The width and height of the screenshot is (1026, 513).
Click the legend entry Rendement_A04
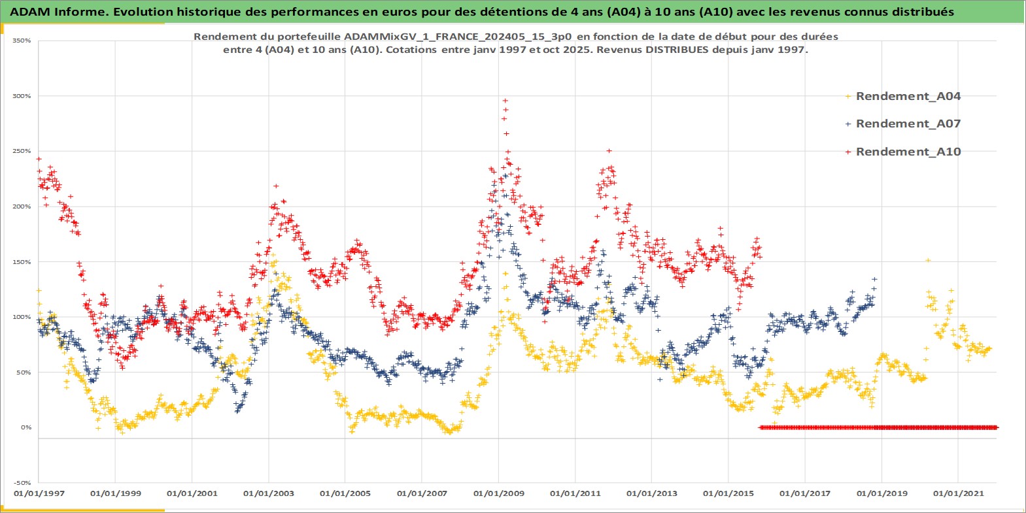908,96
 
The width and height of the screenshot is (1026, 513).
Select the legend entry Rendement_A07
908,124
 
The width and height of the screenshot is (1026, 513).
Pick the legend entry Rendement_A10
908,152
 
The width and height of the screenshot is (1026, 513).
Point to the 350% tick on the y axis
22,41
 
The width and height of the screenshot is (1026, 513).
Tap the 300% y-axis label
22,96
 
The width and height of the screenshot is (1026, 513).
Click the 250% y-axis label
22,151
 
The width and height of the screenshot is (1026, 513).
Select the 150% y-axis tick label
22,262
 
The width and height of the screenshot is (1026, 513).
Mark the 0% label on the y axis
26,427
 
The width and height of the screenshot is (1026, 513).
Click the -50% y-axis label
23,483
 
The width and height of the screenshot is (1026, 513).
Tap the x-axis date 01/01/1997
39,493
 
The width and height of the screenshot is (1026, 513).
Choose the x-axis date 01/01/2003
269,493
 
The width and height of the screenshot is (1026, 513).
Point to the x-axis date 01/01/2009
499,493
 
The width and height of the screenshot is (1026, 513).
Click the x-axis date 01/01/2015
728,493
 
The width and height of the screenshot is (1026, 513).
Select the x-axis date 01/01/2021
958,493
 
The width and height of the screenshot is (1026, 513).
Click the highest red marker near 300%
505,101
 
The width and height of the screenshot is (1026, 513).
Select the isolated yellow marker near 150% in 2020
927,260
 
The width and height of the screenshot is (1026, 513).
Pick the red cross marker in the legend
848,152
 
